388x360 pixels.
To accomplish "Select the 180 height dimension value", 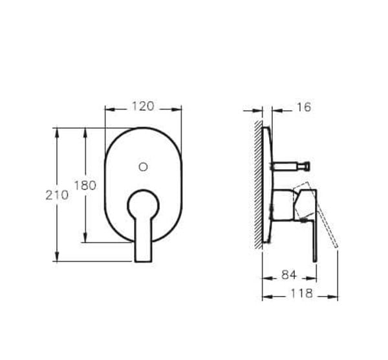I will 85,186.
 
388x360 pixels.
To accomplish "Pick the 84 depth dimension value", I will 288,276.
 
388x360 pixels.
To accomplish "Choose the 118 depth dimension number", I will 299,294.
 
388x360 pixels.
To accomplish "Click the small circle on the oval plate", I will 143,166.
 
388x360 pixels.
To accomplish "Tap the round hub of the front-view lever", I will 143,205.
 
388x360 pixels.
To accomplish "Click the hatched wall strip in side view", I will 259,185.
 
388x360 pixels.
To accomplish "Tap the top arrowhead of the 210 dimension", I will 57,131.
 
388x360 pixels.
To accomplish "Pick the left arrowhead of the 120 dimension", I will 108,109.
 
